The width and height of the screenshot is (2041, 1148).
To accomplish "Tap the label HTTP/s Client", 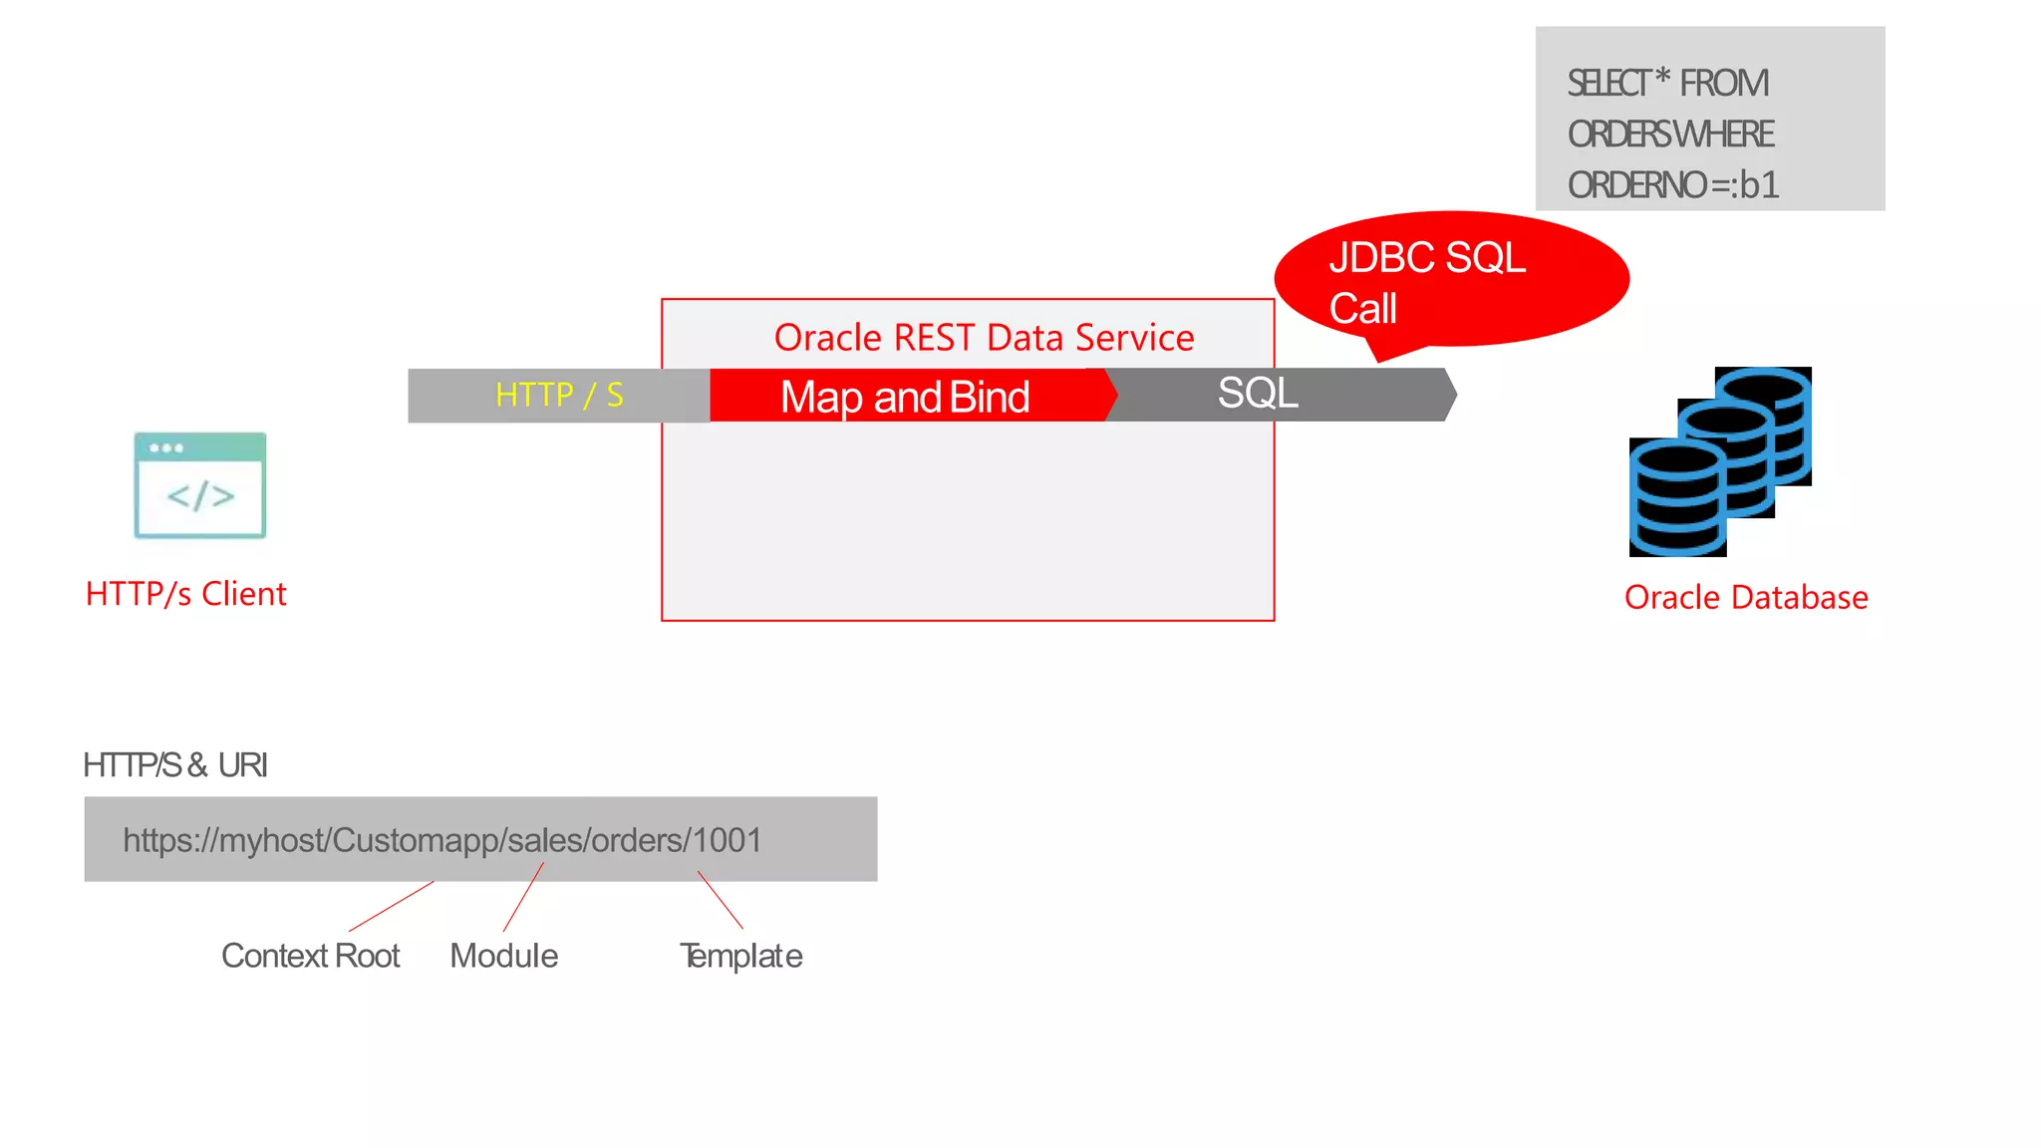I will coord(185,594).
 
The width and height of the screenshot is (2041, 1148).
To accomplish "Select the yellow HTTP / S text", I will coord(559,396).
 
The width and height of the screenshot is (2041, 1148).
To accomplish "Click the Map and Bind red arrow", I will coord(905,397).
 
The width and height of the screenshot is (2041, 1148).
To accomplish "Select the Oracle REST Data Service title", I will coord(984,338).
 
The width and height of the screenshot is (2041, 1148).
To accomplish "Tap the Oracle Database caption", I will coord(1746,598).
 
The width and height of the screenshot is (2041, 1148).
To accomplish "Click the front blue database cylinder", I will coord(1677,498).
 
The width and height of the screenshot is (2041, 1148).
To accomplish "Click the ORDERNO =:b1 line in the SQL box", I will coord(1672,185).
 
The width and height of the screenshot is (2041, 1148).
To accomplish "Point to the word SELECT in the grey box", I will coord(1608,84).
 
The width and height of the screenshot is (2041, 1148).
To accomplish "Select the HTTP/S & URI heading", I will coord(175,765).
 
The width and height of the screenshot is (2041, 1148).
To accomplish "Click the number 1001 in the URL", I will coord(728,840).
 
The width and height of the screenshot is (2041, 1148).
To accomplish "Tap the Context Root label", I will coord(310,956).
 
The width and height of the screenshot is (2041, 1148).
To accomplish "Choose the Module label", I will coord(503,956).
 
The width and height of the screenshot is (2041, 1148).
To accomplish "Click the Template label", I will coord(740,956).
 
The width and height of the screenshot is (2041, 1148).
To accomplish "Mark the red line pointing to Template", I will coord(721,900).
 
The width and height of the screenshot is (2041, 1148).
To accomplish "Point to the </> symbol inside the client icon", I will coord(200,496).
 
